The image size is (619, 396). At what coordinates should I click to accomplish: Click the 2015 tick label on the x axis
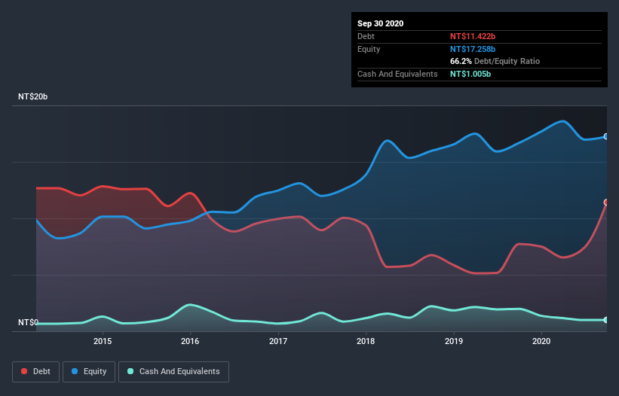[103, 341]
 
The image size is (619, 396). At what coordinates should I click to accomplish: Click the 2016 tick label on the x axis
[190, 341]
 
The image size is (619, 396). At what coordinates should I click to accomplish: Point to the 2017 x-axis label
[278, 341]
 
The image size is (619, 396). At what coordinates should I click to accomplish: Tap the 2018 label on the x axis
[366, 341]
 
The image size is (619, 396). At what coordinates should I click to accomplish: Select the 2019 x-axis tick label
[454, 341]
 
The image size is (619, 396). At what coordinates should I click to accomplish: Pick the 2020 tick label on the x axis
[541, 341]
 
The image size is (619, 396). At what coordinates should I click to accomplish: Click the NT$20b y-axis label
[32, 97]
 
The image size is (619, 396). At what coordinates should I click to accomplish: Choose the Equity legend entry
[89, 371]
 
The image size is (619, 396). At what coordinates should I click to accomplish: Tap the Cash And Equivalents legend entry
[173, 371]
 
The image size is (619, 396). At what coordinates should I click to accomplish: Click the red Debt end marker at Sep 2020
[605, 203]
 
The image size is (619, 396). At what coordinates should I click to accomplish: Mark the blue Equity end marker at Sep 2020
[605, 136]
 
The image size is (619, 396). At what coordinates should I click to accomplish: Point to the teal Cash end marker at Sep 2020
[605, 320]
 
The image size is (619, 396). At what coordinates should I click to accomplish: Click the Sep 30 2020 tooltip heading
[381, 23]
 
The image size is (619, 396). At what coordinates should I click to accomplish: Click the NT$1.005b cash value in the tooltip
[473, 74]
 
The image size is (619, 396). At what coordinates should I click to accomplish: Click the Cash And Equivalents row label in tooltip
[397, 74]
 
